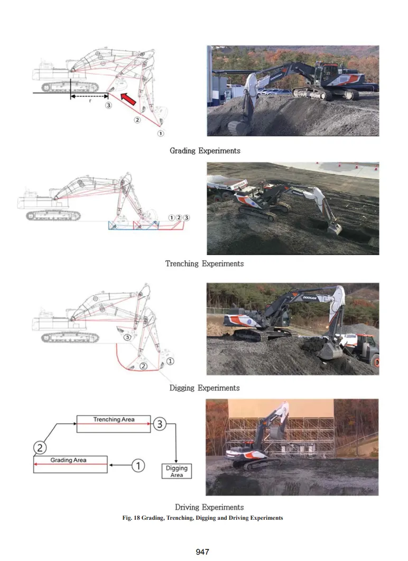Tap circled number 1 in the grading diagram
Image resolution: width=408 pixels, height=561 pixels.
161,133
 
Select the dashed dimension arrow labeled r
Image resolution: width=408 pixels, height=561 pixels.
89,96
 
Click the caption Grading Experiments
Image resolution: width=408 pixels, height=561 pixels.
205,151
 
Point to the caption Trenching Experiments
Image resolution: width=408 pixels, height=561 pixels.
205,264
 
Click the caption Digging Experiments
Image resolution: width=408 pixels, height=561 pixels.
205,388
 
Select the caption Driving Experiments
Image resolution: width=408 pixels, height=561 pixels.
209,507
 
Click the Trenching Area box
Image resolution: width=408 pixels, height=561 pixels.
114,424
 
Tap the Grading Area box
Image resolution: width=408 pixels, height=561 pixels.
70,464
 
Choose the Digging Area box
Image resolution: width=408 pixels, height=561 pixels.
177,471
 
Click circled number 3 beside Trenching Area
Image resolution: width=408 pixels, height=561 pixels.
160,424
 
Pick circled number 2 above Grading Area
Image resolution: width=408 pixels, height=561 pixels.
40,447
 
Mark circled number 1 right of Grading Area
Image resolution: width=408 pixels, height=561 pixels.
138,465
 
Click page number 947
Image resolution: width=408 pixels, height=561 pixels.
202,551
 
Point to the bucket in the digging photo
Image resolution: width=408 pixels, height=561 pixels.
330,350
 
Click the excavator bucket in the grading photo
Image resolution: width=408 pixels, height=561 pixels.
236,127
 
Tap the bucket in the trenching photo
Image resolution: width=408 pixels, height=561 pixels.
335,228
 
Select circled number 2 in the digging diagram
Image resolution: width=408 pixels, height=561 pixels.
143,366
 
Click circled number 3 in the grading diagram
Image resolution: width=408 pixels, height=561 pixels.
108,105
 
